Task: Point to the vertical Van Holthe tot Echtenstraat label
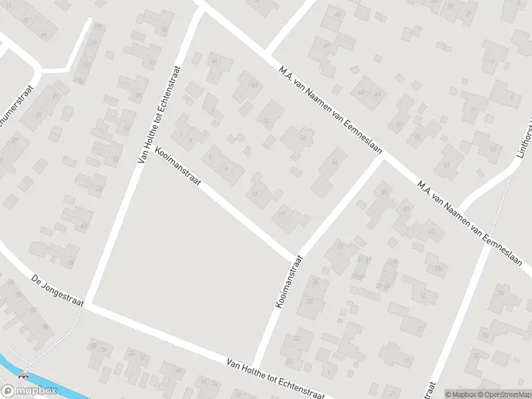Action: pos(160,114)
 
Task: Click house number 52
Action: pos(267,120)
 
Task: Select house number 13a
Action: pos(437,268)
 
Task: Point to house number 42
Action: pos(84,225)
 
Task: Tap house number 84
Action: pos(45,326)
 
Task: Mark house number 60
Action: pos(254,85)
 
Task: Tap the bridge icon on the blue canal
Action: pos(25,374)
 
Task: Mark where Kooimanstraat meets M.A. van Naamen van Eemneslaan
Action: pos(381,158)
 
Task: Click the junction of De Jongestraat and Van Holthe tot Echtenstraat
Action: pos(87,306)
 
